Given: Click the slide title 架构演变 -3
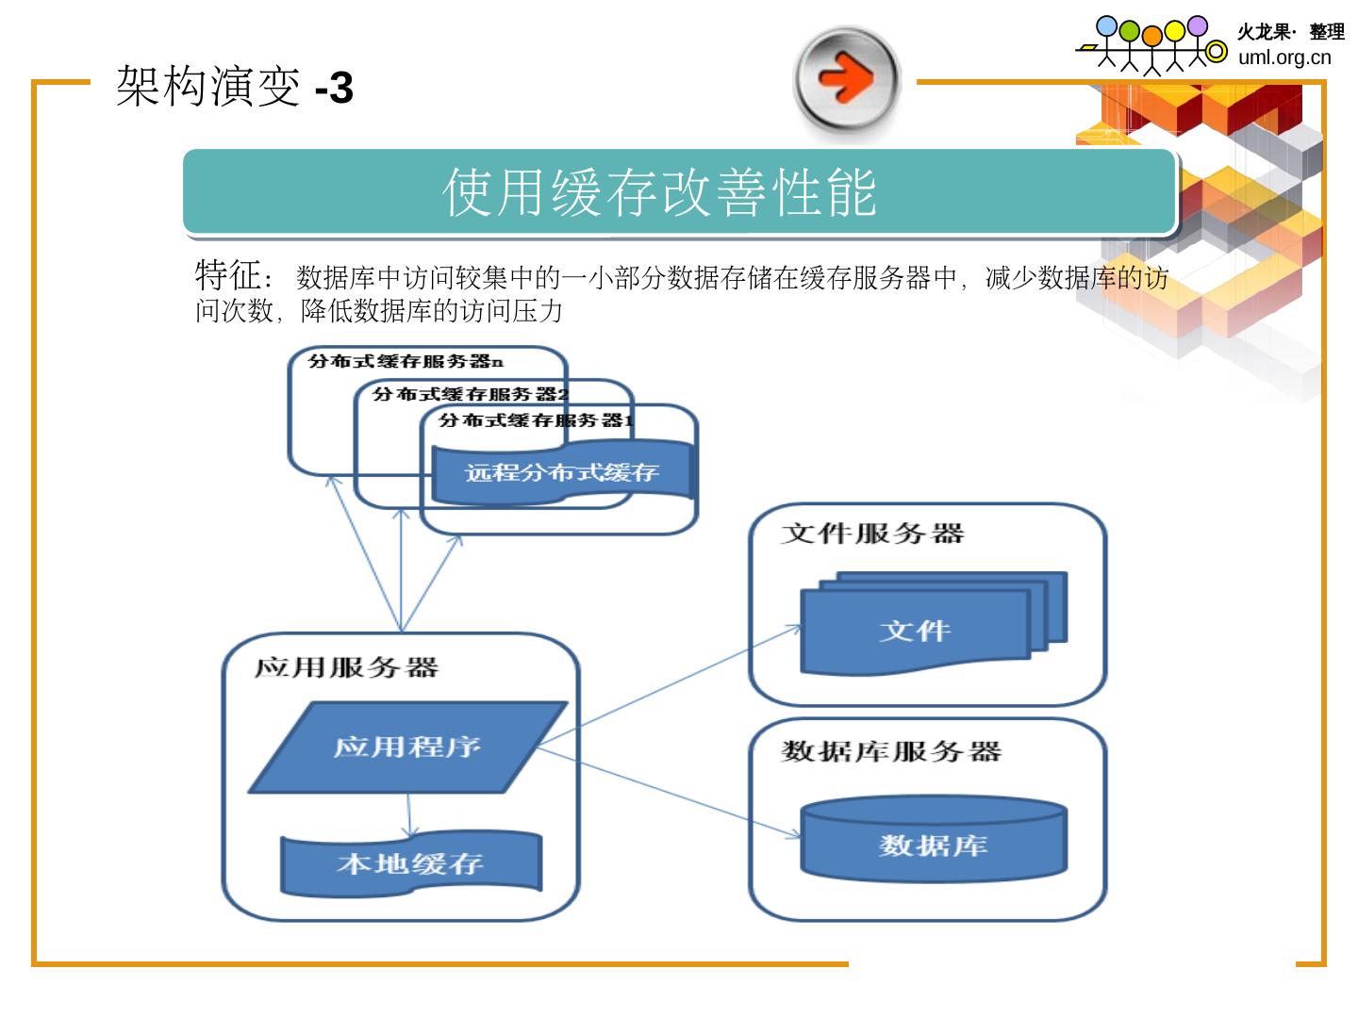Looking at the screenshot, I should [234, 88].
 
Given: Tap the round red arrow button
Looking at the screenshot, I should [846, 78].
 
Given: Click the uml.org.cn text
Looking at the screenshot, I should [1284, 57].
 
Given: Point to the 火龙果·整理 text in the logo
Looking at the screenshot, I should [1290, 32].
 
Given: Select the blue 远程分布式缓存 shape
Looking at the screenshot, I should [561, 472].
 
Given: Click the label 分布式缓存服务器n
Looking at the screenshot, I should [406, 361].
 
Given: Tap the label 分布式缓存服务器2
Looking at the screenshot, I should [470, 394].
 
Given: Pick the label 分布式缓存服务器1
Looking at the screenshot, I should [536, 420].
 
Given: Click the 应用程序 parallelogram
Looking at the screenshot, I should [407, 747].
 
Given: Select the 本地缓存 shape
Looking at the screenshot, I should [410, 862].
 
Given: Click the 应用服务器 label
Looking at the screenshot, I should [346, 667].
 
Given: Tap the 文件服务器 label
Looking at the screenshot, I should [872, 534].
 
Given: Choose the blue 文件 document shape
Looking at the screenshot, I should [915, 630].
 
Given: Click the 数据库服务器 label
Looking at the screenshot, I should [891, 751].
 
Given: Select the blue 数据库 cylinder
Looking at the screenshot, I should [933, 842].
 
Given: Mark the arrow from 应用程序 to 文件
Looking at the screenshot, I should [670, 686].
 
